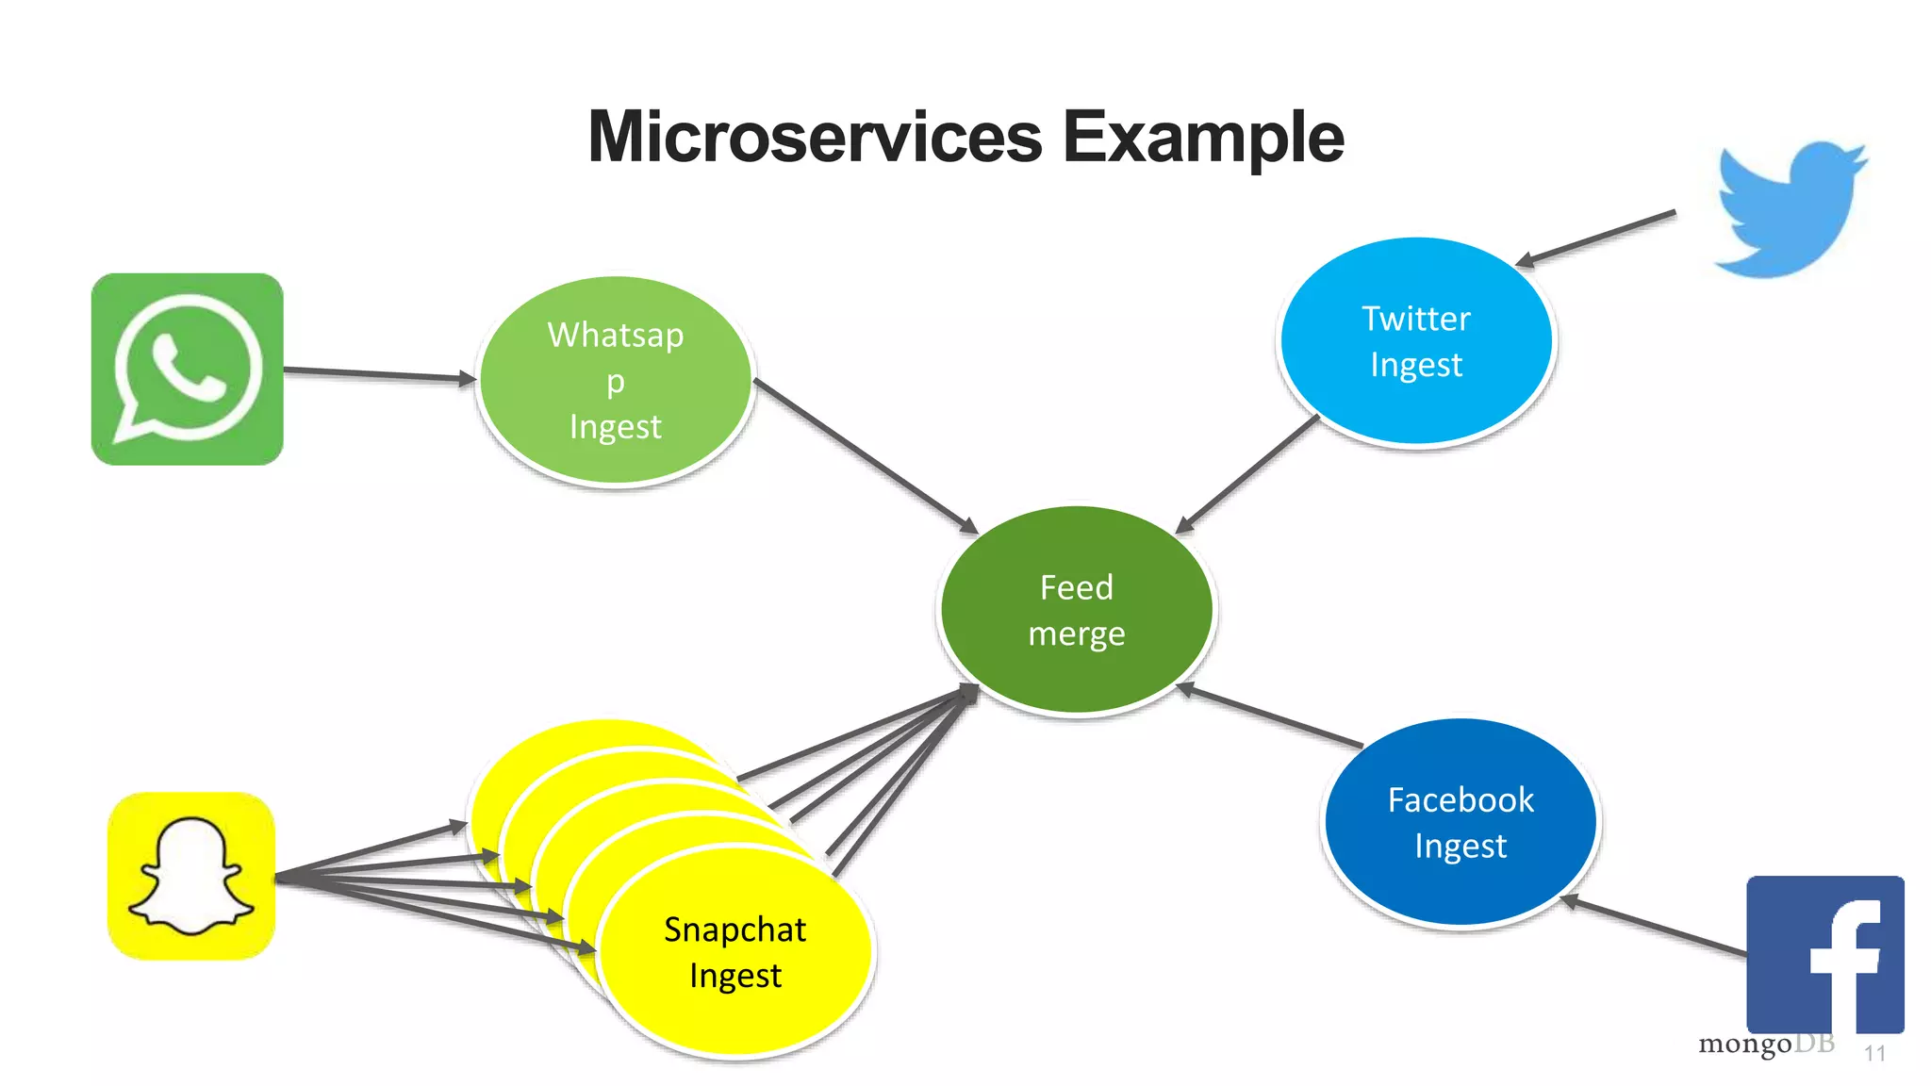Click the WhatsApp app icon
pos(187,369)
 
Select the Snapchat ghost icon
pos(191,877)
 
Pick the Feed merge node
pos(1076,610)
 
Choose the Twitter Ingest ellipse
pos(1415,341)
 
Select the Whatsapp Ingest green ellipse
pos(615,381)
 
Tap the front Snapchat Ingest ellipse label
pos(734,952)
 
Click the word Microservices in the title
pos(815,138)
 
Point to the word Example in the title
pos(1203,138)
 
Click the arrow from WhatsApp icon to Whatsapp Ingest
pos(377,374)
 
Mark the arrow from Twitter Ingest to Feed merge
pos(1246,474)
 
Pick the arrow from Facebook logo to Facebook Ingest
pos(1655,927)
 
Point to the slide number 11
pos(1874,1054)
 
